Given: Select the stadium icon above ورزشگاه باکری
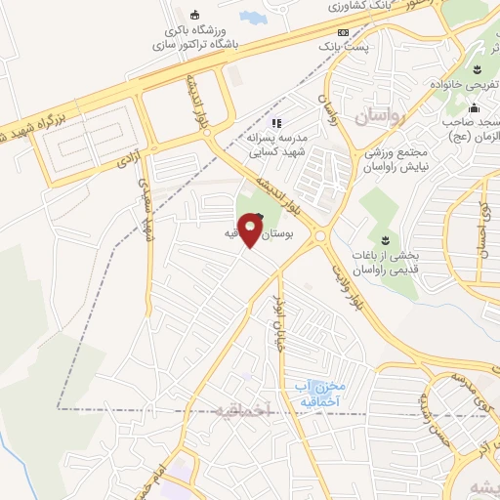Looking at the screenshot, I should coord(193,14).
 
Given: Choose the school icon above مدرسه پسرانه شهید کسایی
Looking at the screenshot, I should coord(276,123).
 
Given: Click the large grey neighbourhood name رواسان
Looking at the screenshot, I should coord(378,117).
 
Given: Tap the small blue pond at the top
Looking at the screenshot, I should coord(252,18).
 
